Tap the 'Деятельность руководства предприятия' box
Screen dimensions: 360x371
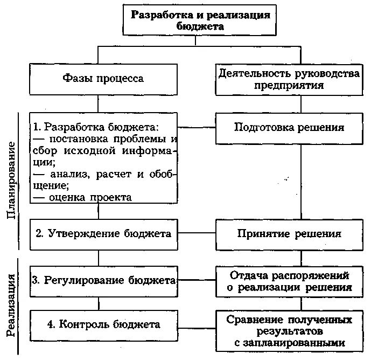tap(289, 78)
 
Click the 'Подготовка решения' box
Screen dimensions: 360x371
tap(289, 128)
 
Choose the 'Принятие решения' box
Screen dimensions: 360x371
tap(289, 234)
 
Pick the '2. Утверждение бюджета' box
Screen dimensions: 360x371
tap(103, 234)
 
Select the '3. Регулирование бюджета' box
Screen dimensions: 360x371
tap(103, 280)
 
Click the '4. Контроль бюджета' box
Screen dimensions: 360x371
tap(103, 324)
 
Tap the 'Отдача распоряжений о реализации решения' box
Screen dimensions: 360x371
tap(289, 281)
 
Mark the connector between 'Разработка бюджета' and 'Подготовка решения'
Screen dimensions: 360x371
tap(197, 128)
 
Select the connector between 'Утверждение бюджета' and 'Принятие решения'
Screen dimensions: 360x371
tap(197, 234)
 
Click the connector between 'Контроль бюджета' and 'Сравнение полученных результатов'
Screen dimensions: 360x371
tap(197, 324)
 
